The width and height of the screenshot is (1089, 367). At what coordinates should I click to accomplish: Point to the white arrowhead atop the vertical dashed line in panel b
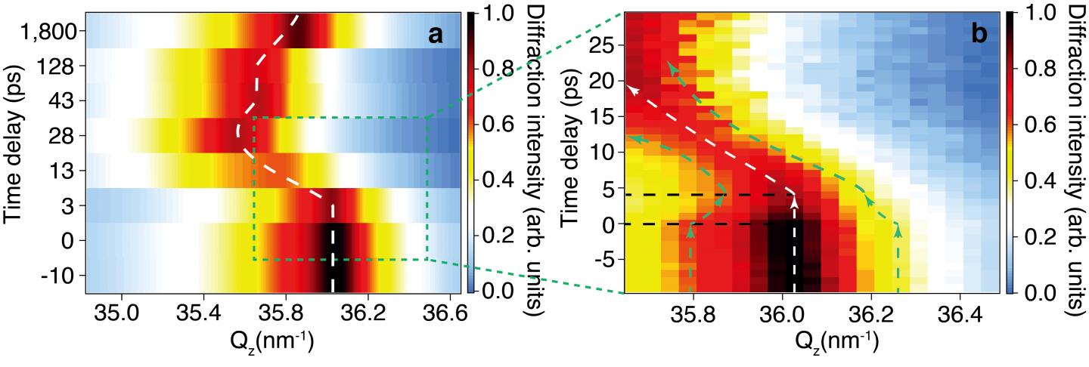tap(794, 200)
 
